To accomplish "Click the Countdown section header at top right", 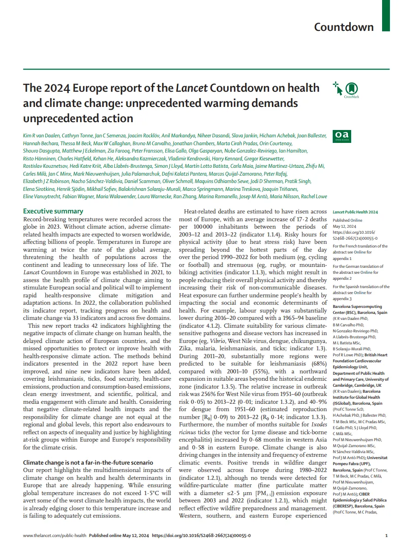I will point(343,27).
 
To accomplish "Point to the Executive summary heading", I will point(53,211).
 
